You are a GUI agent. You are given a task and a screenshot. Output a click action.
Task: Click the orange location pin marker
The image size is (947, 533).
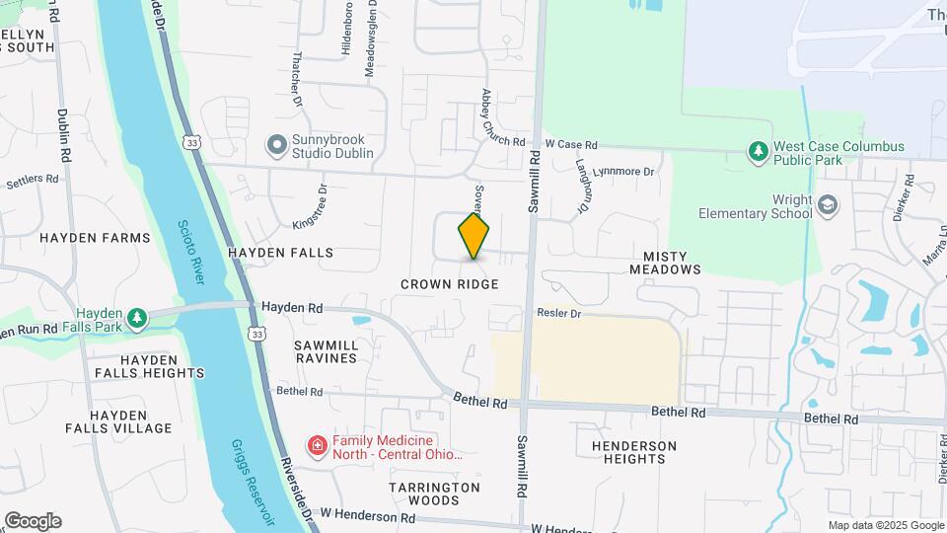pyautogui.click(x=474, y=236)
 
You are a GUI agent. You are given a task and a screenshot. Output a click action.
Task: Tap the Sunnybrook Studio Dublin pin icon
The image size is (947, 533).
pyautogui.click(x=276, y=146)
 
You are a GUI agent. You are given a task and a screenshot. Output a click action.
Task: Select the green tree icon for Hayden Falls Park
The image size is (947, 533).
pyautogui.click(x=139, y=317)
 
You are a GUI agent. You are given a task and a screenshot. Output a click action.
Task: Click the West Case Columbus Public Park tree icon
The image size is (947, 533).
pyautogui.click(x=758, y=152)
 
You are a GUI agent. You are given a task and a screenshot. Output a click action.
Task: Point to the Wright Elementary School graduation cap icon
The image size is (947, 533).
pyautogui.click(x=827, y=205)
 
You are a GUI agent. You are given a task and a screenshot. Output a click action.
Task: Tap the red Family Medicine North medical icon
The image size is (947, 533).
pyautogui.click(x=318, y=447)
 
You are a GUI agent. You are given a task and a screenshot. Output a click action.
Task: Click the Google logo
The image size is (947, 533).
pyautogui.click(x=33, y=521)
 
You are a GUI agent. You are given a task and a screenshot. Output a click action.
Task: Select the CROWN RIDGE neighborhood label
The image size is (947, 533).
pyautogui.click(x=449, y=284)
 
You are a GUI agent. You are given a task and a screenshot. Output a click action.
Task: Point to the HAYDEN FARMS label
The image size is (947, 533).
pyautogui.click(x=95, y=238)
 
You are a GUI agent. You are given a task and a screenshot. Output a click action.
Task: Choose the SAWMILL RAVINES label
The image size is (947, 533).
pyautogui.click(x=326, y=351)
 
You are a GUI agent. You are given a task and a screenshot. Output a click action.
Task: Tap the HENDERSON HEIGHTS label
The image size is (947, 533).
pyautogui.click(x=634, y=452)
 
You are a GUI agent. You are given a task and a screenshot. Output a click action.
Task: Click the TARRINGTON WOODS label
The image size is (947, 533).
pyautogui.click(x=434, y=494)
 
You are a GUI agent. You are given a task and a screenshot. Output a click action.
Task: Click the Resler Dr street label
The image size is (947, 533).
pyautogui.click(x=559, y=313)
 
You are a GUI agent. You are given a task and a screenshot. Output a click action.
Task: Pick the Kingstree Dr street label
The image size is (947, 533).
pyautogui.click(x=313, y=208)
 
